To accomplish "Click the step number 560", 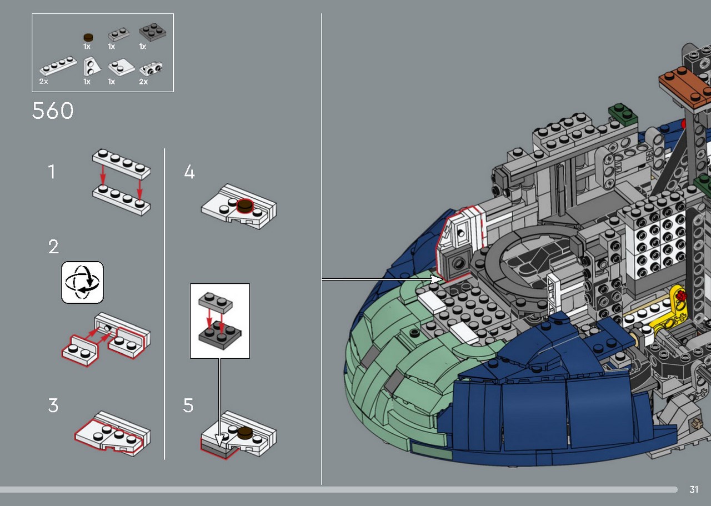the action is point(53,111).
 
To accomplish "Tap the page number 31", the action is point(694,489).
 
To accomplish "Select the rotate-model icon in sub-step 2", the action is point(83,282).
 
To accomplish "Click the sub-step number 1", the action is point(52,172).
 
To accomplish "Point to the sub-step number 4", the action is point(189,172).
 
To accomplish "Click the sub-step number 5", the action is point(188,405).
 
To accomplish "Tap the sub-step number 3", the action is point(53,405).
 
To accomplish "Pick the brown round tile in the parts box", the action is point(88,37).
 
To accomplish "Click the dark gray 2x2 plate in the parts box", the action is point(153,32).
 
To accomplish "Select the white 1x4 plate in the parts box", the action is point(58,66).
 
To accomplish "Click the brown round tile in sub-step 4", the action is point(245,206).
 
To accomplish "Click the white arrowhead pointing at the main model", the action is point(437,279).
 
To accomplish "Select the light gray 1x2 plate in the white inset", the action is point(216,300).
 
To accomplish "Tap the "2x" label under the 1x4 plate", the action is point(44,82).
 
